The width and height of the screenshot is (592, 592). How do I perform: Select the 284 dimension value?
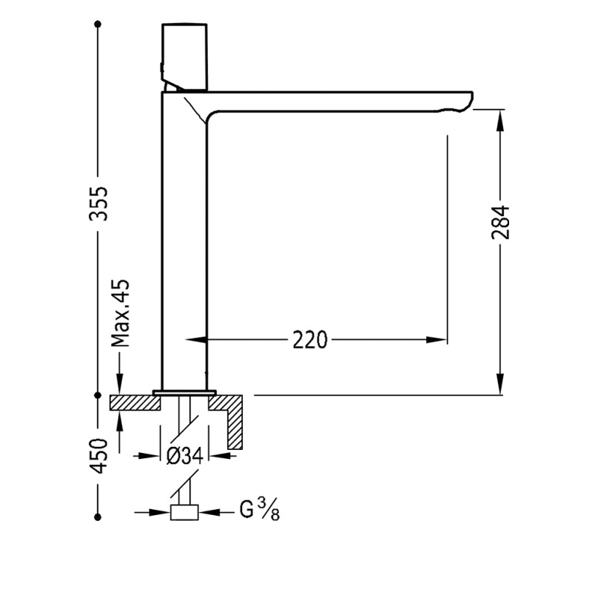pos(501,223)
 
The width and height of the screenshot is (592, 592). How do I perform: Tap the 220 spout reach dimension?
pos(310,340)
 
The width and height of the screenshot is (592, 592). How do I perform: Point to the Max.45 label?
pos(120,313)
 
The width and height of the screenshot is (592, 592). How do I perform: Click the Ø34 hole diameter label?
pos(184,456)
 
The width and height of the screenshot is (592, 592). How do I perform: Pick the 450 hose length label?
pos(98,456)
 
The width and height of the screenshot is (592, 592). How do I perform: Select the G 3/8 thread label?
pos(260,509)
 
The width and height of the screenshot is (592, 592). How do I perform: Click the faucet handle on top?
pos(184,58)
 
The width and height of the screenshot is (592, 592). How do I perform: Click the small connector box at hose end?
pos(184,512)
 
